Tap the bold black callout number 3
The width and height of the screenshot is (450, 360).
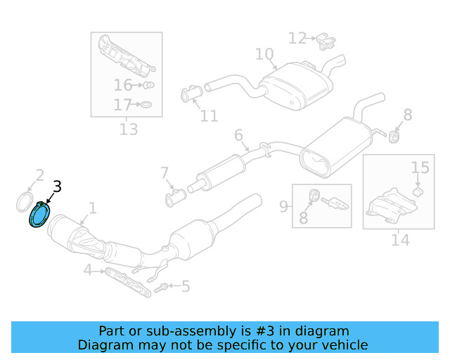(x=57, y=186)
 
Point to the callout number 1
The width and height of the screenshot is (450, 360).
(x=92, y=207)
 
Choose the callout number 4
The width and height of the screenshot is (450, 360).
(x=87, y=270)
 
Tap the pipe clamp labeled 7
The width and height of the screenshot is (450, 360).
(x=173, y=198)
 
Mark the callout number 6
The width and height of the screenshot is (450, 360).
(x=238, y=134)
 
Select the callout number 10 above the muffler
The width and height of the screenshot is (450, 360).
(x=264, y=54)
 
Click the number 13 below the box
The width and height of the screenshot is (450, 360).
(x=128, y=129)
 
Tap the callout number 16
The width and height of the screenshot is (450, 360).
(x=123, y=85)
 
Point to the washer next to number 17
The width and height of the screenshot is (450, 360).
(x=146, y=105)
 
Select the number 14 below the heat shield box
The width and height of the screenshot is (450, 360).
(x=399, y=240)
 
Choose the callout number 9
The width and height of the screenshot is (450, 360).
(x=283, y=207)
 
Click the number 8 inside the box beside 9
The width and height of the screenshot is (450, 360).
(x=304, y=219)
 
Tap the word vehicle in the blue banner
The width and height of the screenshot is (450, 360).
(x=343, y=345)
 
